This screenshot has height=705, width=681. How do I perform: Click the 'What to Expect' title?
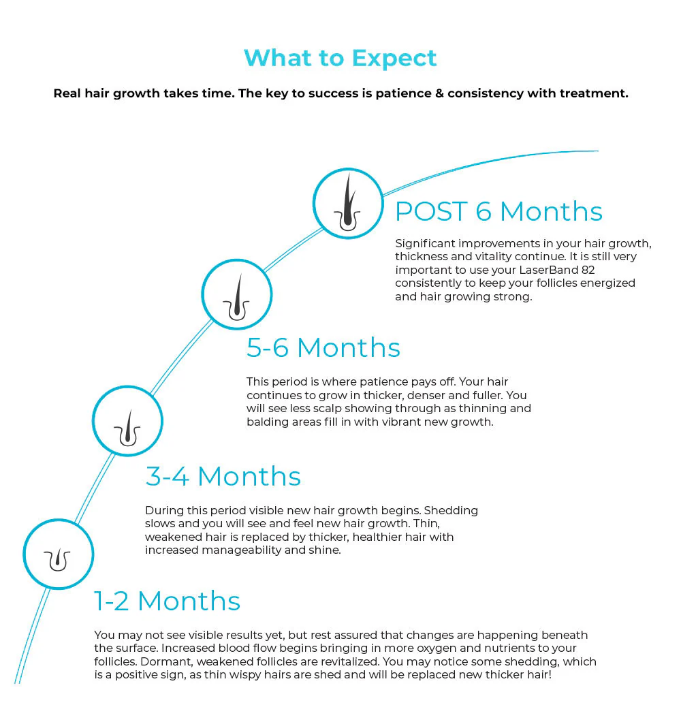coord(340,59)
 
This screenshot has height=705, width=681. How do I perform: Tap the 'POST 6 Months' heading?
coord(498,211)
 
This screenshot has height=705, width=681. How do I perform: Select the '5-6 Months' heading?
coord(323,347)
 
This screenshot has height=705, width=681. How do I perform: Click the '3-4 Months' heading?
coord(223,476)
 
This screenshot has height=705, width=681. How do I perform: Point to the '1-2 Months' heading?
coord(168,601)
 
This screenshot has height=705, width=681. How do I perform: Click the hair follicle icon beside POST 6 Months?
coord(348,203)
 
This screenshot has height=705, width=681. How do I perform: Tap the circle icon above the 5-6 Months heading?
coord(236,294)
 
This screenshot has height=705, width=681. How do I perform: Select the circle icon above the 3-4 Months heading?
coord(127,421)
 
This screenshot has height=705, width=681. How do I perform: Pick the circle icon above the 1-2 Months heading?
coord(59,554)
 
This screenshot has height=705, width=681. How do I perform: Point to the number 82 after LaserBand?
coord(588,270)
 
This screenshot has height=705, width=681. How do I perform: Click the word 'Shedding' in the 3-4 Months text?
coord(451,511)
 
